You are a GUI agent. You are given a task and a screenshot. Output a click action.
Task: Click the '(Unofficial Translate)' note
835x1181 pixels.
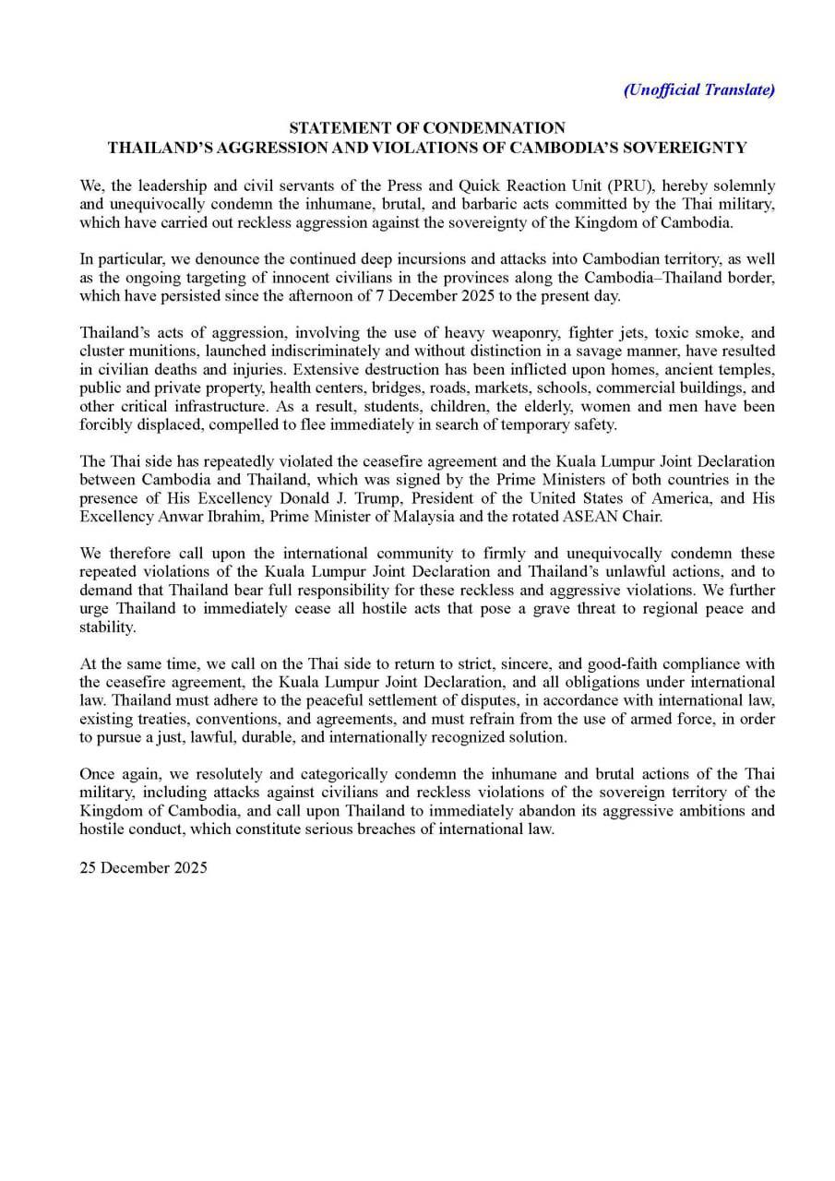click(698, 89)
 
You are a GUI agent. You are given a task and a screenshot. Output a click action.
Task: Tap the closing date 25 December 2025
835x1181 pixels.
click(144, 867)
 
